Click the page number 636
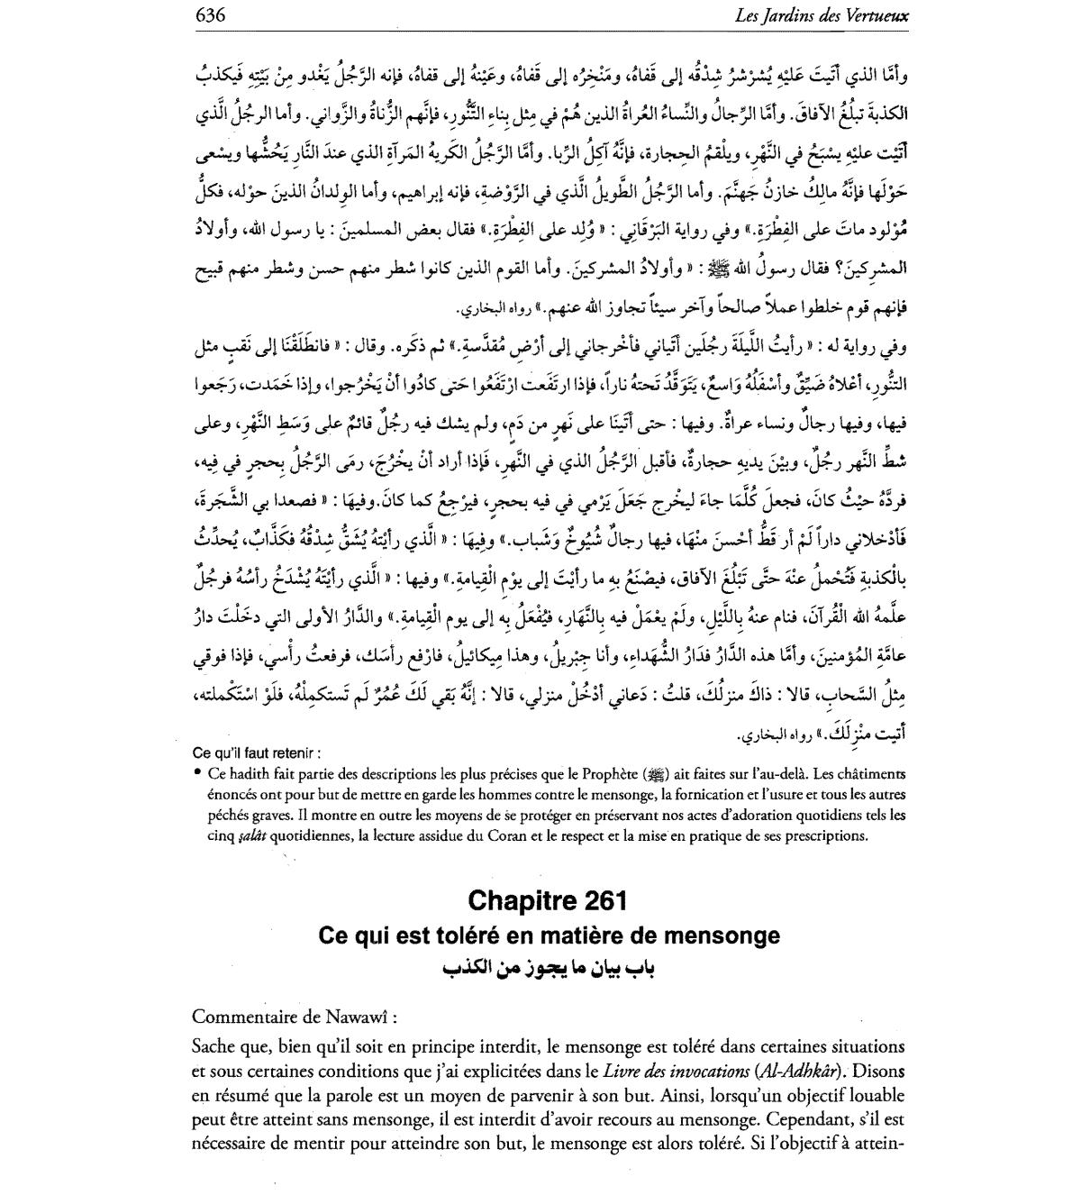(208, 15)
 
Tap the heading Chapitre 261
(548, 900)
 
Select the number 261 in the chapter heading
(604, 900)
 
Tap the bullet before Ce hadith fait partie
(196, 773)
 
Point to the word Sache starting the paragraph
(214, 1047)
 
